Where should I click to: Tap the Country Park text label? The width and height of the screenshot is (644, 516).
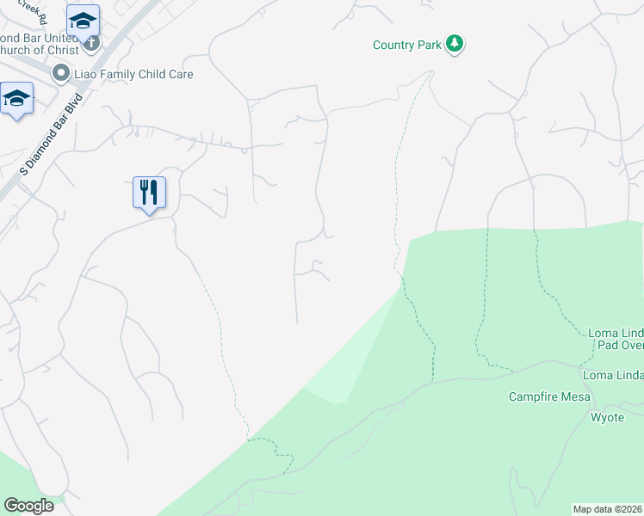(x=406, y=46)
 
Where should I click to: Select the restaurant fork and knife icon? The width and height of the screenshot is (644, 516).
(x=149, y=192)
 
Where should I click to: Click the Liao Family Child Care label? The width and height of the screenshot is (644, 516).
(x=133, y=74)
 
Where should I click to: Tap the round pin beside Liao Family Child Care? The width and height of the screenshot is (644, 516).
(x=61, y=74)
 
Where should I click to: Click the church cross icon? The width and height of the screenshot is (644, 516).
(x=91, y=42)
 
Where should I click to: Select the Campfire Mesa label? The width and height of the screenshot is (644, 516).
(x=549, y=396)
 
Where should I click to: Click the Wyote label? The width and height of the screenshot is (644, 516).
(x=606, y=417)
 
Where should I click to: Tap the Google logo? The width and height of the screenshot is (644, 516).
(x=28, y=506)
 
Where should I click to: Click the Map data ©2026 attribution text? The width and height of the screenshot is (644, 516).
(x=607, y=509)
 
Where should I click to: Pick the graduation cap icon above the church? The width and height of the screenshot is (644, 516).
(x=83, y=20)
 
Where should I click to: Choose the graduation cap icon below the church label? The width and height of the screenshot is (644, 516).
(x=16, y=99)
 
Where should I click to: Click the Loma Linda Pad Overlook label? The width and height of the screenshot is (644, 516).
(x=615, y=339)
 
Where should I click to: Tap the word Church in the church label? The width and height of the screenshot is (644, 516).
(x=18, y=50)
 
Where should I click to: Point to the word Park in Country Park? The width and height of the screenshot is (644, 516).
(x=428, y=46)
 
